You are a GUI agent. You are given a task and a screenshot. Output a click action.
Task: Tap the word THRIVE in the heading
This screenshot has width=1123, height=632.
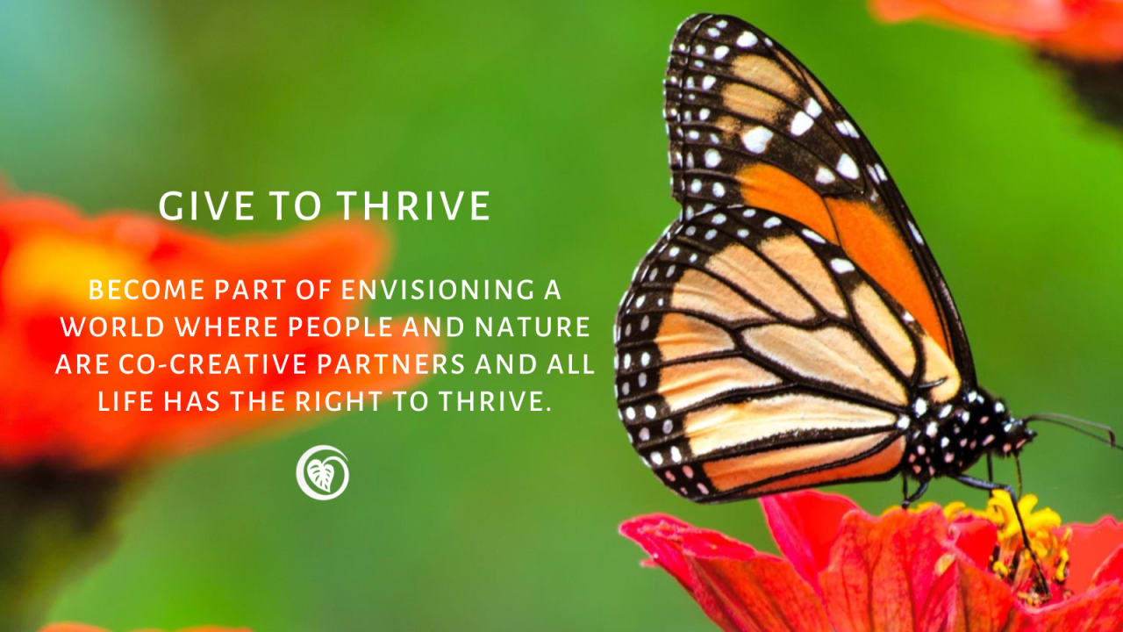[413, 205]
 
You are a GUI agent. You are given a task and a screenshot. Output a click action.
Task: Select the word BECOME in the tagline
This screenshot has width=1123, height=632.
[147, 290]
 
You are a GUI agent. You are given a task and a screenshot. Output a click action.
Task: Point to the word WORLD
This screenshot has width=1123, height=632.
[112, 327]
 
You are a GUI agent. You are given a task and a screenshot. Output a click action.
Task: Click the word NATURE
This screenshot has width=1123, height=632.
[533, 327]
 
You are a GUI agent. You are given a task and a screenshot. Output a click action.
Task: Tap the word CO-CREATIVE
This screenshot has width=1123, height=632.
[212, 364]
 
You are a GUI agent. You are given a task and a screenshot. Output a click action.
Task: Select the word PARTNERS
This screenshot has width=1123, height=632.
[391, 364]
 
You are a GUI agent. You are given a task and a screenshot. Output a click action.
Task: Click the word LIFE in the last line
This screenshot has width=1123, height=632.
[125, 401]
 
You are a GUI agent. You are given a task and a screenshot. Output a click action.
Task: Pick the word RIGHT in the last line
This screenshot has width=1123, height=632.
[339, 401]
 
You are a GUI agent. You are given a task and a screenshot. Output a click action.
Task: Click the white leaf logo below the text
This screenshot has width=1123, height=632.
[322, 472]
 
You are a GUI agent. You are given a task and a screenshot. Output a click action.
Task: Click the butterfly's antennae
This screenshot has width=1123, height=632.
[1073, 427]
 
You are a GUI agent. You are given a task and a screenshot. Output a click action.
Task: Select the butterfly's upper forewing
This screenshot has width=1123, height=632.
[802, 150]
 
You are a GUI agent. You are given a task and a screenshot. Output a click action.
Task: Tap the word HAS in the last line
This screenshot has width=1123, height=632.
[191, 401]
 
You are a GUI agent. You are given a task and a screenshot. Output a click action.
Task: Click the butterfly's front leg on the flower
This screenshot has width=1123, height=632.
[1012, 521]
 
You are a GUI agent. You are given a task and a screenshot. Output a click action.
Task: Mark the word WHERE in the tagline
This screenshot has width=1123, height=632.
[226, 327]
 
